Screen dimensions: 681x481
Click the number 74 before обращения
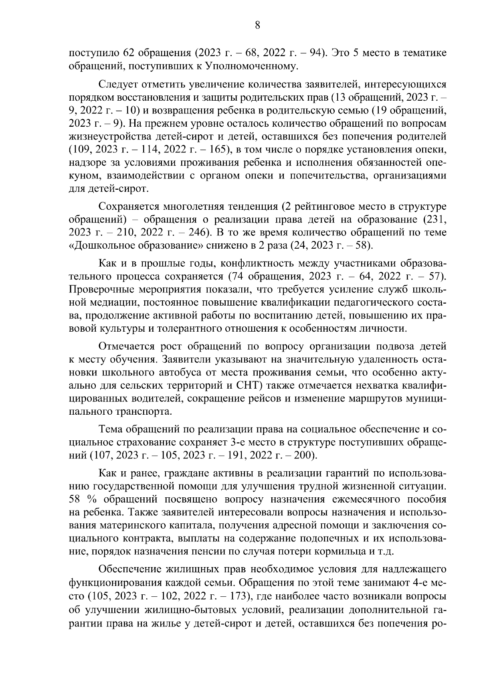coord(237,277)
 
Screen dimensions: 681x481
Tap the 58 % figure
coord(79,500)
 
